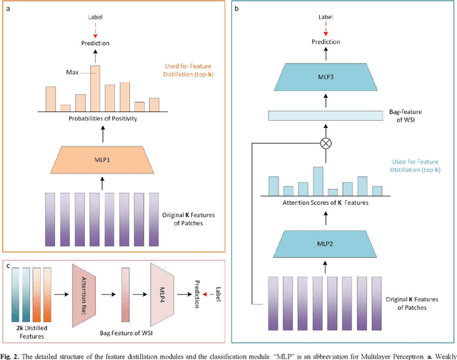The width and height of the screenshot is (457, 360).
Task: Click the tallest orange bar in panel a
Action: (x=94, y=88)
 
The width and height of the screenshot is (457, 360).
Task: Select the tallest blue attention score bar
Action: (x=318, y=181)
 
